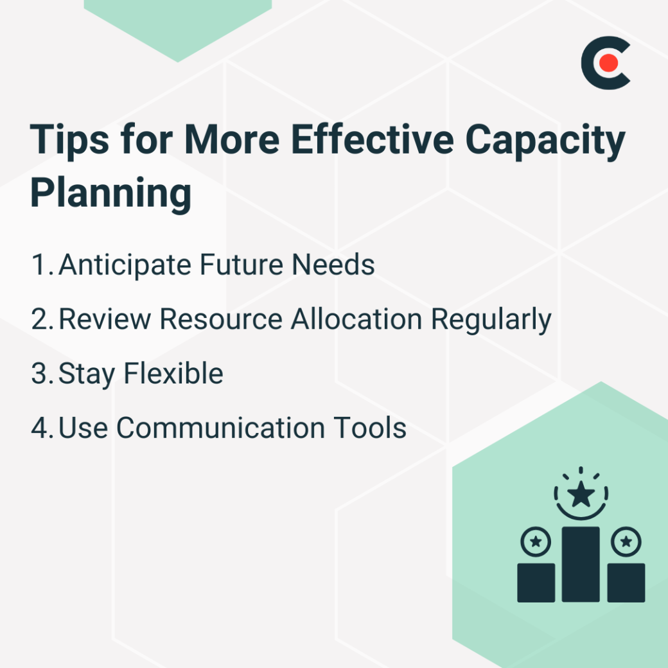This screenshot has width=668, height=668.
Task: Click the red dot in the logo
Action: [x=608, y=63]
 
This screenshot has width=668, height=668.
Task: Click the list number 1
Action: [x=40, y=265]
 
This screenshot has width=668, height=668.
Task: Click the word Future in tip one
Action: [x=229, y=265]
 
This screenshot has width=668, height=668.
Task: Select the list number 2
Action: [x=41, y=319]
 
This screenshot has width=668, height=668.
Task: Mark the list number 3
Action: [x=41, y=374]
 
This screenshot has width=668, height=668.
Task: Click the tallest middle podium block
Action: [x=581, y=564]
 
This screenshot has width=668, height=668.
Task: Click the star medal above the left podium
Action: [x=536, y=543]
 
